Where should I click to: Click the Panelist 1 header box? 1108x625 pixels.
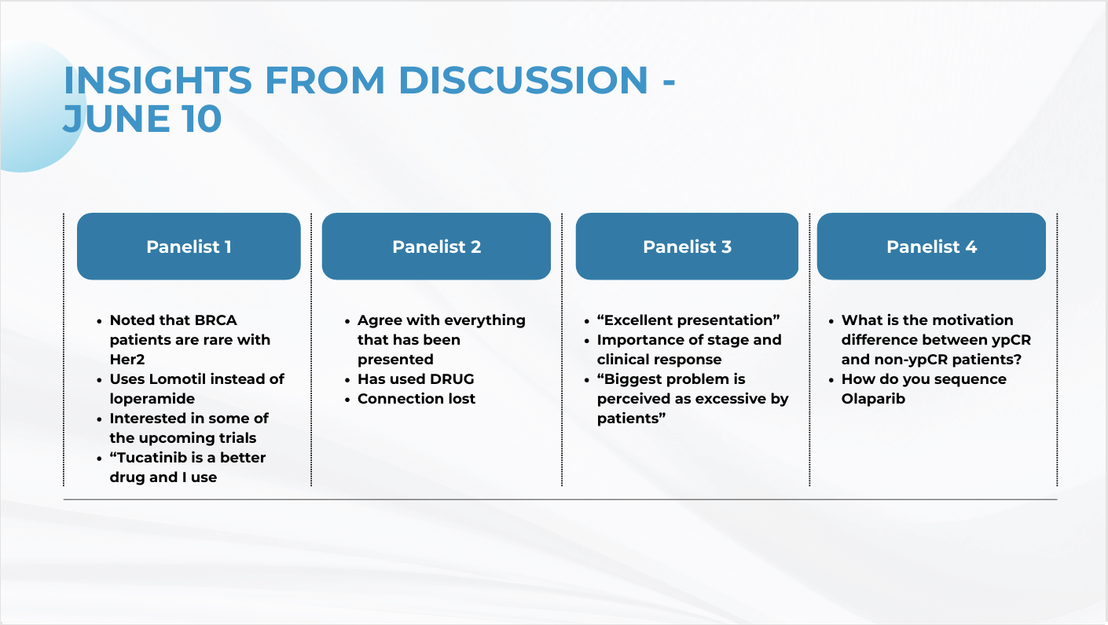[x=189, y=247]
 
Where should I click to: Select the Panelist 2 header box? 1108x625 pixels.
[x=436, y=247]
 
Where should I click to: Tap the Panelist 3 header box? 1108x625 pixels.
[x=687, y=247]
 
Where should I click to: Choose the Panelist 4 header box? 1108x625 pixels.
[x=931, y=247]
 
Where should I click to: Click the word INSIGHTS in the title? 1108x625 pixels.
[x=158, y=80]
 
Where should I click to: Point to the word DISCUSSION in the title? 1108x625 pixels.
[x=523, y=80]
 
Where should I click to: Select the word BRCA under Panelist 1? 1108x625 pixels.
[x=215, y=320]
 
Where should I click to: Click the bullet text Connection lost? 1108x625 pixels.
[x=416, y=399]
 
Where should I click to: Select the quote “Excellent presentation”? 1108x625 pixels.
[x=688, y=320]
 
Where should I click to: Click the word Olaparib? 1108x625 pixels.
[x=873, y=399]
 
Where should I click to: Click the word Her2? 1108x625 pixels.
[x=127, y=359]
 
